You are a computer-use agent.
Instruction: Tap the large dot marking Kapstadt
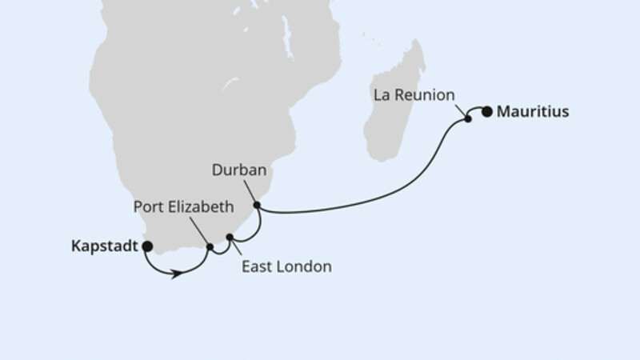147,246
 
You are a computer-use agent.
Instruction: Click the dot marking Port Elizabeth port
210,246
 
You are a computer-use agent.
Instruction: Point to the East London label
286,266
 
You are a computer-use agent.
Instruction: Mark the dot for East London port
230,237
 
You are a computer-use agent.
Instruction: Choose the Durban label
238,170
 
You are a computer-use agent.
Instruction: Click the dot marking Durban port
257,206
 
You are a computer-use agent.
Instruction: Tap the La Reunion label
414,95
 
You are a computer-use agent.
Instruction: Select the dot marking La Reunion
468,120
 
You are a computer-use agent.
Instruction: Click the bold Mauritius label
533,112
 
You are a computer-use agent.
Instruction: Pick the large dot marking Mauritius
486,112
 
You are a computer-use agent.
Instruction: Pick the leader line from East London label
237,249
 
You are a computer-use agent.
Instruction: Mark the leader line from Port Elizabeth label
199,230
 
